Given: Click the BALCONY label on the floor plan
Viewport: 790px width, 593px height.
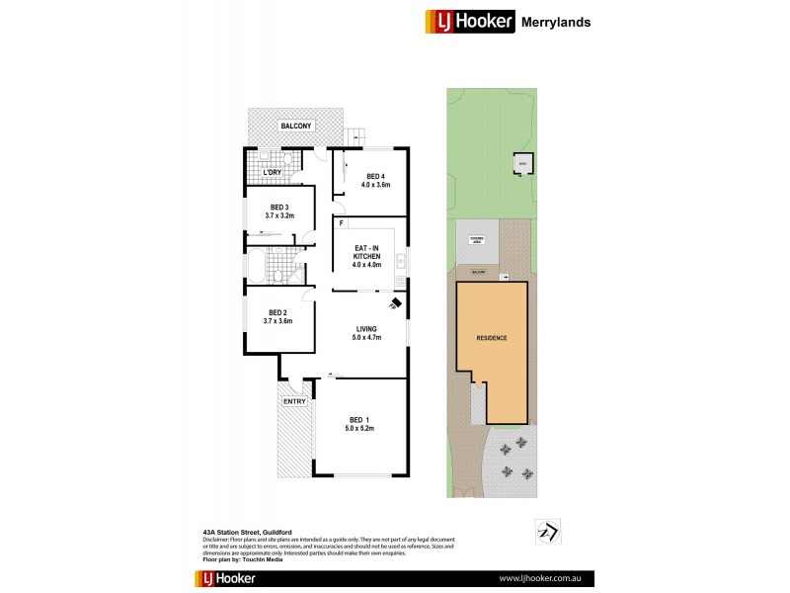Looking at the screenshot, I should click(295, 127).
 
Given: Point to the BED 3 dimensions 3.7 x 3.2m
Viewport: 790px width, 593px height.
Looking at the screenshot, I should click(279, 215).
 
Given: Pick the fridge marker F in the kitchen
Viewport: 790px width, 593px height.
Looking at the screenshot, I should click(341, 223).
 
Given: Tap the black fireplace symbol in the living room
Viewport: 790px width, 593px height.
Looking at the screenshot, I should click(395, 303).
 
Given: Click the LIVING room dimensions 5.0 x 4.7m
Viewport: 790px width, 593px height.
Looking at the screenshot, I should click(365, 338).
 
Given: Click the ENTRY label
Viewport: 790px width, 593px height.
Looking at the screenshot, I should click(294, 402).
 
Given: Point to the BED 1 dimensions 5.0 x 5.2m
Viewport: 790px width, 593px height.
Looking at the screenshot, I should click(359, 428).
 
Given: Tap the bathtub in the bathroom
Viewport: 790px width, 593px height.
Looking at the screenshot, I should click(256, 267).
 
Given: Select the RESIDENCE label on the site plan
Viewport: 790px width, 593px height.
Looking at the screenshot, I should click(492, 338).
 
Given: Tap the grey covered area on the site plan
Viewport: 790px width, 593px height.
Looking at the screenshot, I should click(475, 241).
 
